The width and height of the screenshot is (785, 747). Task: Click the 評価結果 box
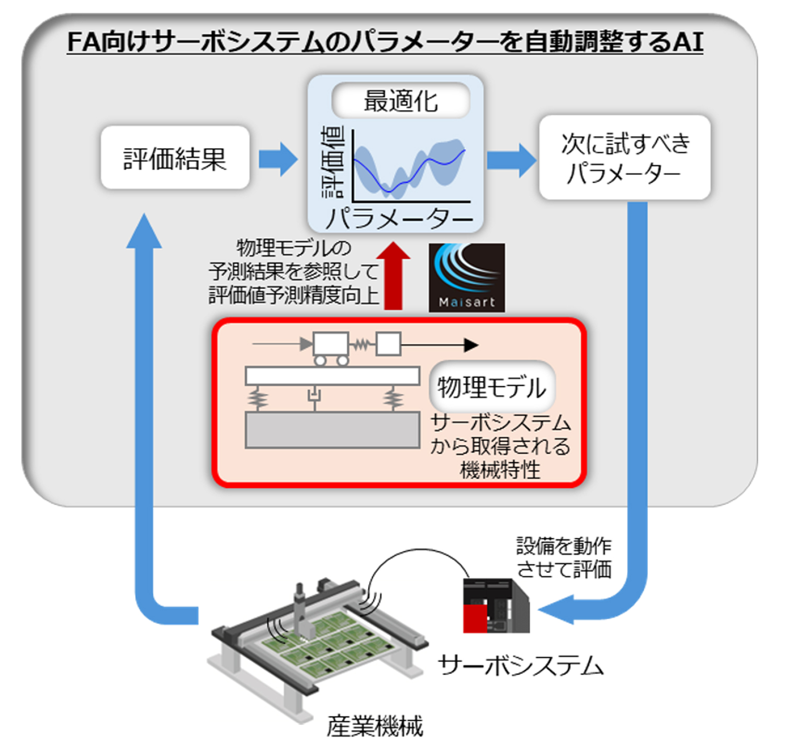(175, 158)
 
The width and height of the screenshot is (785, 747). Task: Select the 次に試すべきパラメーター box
(624, 158)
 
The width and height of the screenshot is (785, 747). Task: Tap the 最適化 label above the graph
(401, 101)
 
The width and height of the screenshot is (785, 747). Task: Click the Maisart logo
(467, 277)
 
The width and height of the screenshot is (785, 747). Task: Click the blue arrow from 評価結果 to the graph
(278, 159)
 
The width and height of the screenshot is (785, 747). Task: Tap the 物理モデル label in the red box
(491, 387)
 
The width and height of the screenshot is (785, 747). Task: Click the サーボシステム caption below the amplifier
(521, 666)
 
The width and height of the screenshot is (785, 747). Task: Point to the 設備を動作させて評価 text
(564, 558)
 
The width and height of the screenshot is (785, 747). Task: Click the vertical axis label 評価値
(333, 162)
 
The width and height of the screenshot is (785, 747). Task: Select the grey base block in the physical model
(332, 430)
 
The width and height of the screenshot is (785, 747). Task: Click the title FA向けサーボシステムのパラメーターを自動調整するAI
(385, 42)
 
